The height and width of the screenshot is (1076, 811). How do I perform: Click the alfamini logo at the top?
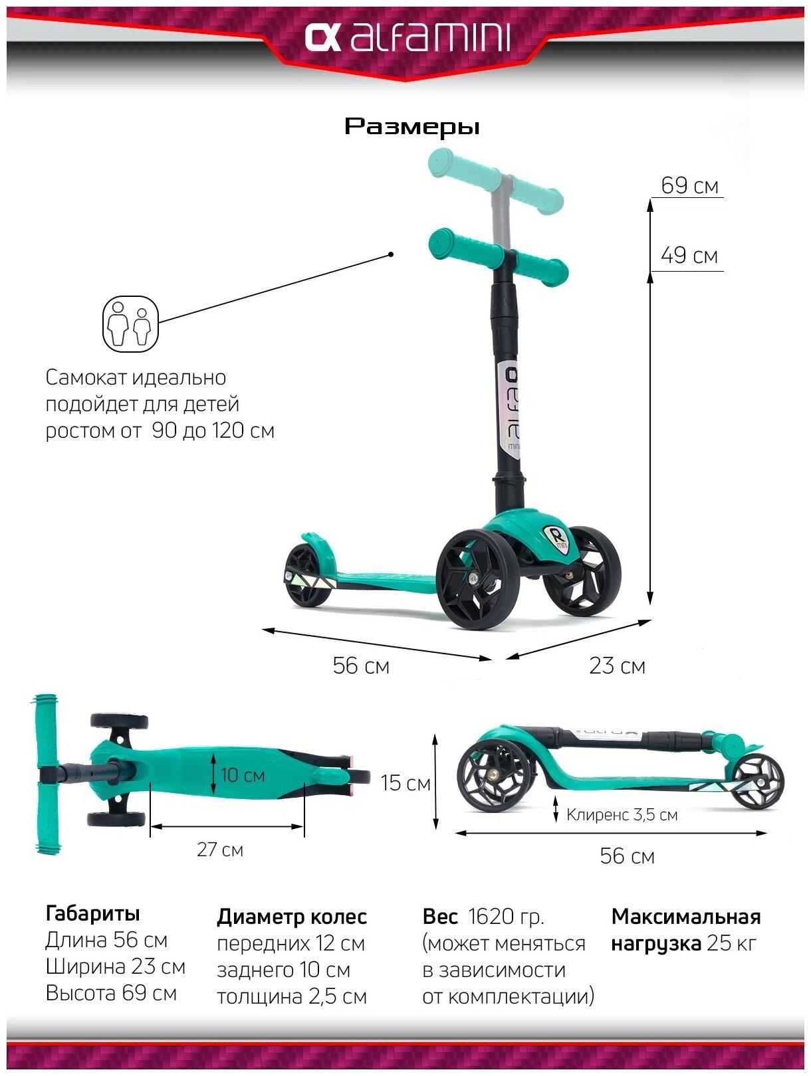pyautogui.click(x=407, y=38)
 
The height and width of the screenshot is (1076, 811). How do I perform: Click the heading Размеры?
pyautogui.click(x=411, y=126)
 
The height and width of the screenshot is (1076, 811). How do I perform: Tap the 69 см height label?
pyautogui.click(x=689, y=185)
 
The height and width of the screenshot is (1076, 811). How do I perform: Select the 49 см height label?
pyautogui.click(x=689, y=255)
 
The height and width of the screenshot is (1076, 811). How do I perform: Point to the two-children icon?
pyautogui.click(x=130, y=324)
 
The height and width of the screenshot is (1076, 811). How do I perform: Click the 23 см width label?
pyautogui.click(x=617, y=666)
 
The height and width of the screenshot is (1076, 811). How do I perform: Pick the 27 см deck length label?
pyautogui.click(x=220, y=850)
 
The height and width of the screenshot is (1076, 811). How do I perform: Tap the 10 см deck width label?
pyautogui.click(x=243, y=775)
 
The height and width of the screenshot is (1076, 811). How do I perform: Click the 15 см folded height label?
pyautogui.click(x=405, y=783)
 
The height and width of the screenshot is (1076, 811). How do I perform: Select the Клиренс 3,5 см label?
pyautogui.click(x=622, y=814)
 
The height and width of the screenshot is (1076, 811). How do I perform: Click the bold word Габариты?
pyautogui.click(x=92, y=913)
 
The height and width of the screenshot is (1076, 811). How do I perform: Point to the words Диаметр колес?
pyautogui.click(x=291, y=917)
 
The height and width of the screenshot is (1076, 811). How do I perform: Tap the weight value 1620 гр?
pyautogui.click(x=506, y=917)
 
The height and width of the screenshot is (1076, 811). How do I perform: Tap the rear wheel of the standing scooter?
pyautogui.click(x=307, y=575)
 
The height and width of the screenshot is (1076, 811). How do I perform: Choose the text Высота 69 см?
pyautogui.click(x=111, y=993)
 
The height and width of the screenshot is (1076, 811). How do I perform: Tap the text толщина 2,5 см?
pyautogui.click(x=291, y=996)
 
